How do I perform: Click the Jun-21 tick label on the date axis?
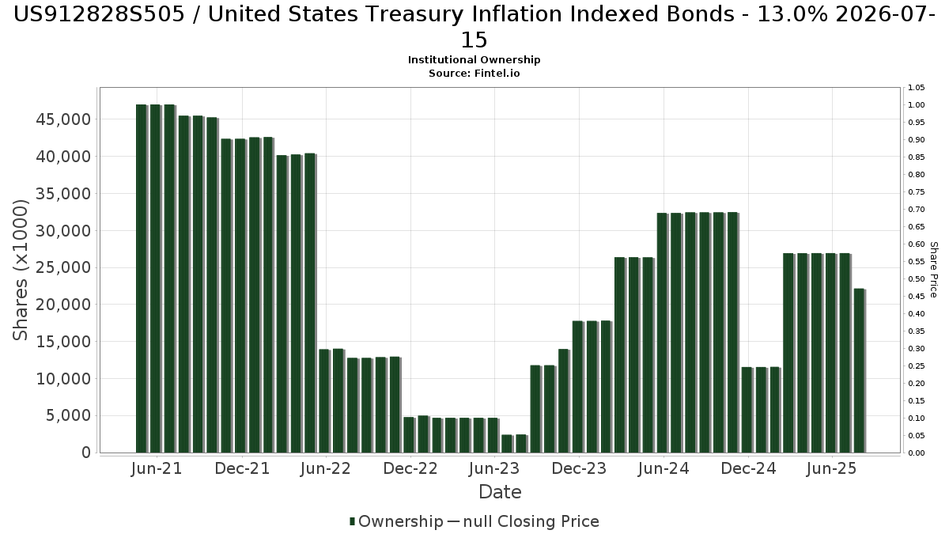click(x=157, y=468)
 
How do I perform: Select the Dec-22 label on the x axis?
click(x=410, y=468)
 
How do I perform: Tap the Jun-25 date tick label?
click(x=831, y=468)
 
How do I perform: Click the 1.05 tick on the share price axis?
click(x=917, y=88)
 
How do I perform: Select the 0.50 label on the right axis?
click(x=917, y=279)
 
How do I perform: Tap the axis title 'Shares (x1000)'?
click(x=21, y=270)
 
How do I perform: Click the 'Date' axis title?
click(x=500, y=492)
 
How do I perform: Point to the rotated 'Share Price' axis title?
click(x=934, y=270)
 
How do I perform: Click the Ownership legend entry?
click(x=396, y=521)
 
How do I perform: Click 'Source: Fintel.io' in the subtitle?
click(x=475, y=73)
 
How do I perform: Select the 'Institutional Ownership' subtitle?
click(x=475, y=60)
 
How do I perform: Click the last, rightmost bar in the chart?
click(x=859, y=370)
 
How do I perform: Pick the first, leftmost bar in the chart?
click(x=142, y=278)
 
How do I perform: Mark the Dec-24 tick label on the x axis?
click(x=747, y=468)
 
